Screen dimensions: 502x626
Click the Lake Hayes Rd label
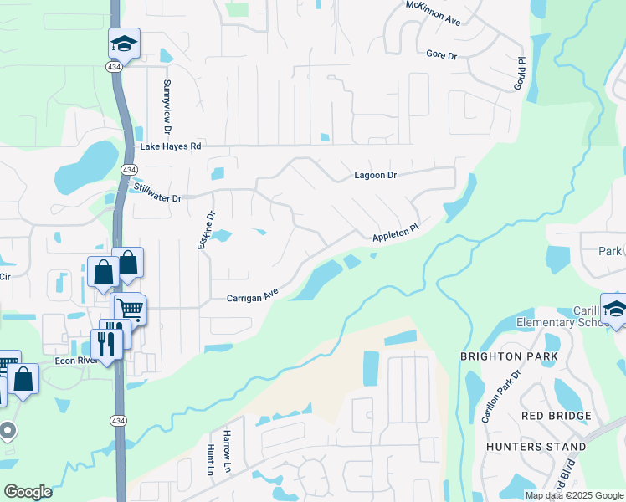(171, 146)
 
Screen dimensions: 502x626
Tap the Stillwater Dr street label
(157, 192)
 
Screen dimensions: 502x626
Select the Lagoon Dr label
(375, 176)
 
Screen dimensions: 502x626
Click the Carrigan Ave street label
(252, 297)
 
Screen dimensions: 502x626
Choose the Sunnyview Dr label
(167, 107)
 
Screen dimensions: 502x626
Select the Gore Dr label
(441, 55)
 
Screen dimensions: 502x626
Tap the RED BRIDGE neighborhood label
(556, 416)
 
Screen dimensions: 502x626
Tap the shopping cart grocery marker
(131, 309)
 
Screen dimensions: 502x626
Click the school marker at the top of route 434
(124, 43)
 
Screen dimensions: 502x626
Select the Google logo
(28, 491)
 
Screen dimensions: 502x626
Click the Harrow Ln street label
(227, 449)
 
